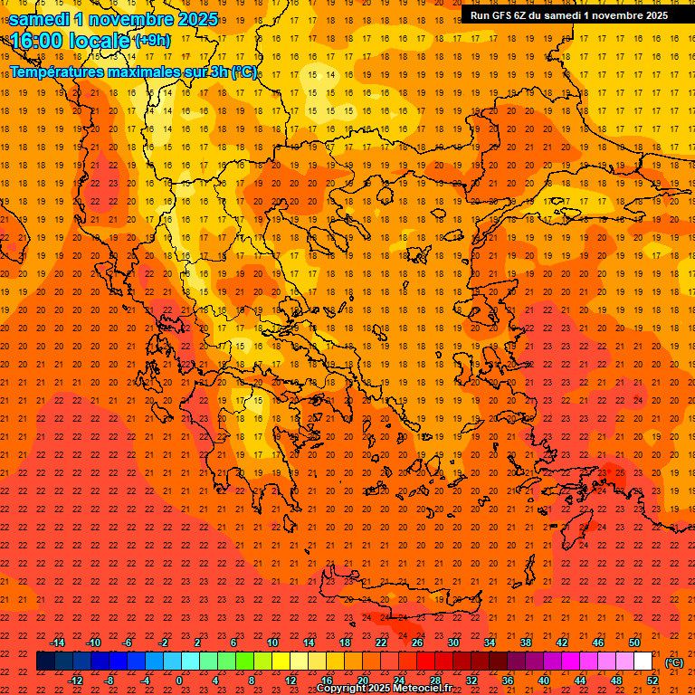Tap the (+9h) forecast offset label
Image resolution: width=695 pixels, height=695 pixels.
click(151, 40)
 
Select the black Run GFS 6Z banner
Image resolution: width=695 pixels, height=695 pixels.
click(568, 14)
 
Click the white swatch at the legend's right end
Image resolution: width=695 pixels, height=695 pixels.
click(643, 662)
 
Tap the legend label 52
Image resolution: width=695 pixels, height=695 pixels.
click(652, 680)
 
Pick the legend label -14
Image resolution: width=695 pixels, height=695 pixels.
click(58, 643)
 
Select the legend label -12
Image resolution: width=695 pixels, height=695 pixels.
click(76, 680)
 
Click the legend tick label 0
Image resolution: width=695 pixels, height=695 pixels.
click(178, 680)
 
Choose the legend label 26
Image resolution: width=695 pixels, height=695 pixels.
click(417, 643)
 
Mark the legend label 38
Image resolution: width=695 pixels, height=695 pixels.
click(526, 643)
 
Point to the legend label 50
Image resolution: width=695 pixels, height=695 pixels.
click(634, 643)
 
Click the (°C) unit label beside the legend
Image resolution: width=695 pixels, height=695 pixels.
click(675, 662)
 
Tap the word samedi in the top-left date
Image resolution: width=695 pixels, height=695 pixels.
click(40, 19)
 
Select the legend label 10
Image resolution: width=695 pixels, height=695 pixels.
click(272, 643)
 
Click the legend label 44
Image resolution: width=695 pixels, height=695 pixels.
click(580, 680)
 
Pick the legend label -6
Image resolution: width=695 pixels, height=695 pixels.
click(128, 643)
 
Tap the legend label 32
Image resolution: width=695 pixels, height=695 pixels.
click(471, 680)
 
